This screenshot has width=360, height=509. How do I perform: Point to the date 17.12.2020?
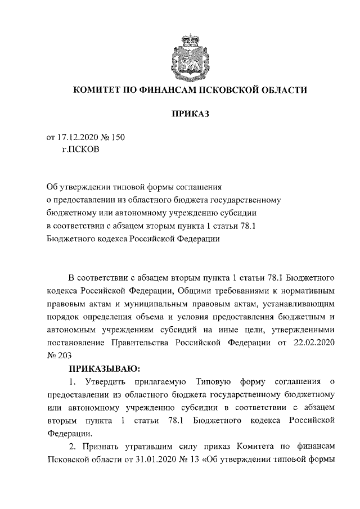[x=78, y=138]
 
